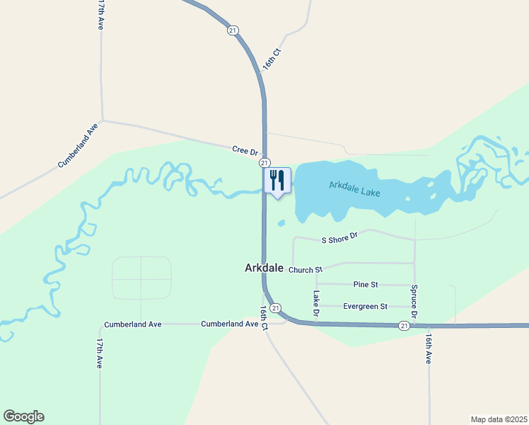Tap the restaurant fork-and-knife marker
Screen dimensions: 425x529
point(277,181)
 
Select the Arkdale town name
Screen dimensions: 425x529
point(264,268)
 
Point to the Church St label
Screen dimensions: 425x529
point(305,270)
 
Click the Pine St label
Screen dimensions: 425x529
point(366,284)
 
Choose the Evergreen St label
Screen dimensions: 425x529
point(365,307)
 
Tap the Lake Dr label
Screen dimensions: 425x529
point(317,303)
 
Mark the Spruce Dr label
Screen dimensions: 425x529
point(414,301)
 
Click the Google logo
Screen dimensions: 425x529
point(23,416)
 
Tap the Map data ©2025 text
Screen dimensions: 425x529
point(499,419)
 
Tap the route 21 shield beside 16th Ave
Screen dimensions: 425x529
point(403,325)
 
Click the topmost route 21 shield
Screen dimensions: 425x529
point(233,30)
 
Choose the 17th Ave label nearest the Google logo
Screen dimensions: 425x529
point(100,353)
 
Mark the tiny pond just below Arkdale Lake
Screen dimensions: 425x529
point(281,224)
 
